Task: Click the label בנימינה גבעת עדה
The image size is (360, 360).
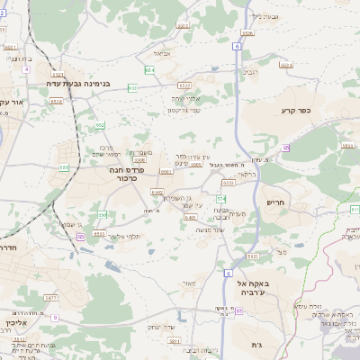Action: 79,83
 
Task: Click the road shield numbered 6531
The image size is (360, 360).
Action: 183,26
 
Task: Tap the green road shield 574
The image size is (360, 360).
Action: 220,197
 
